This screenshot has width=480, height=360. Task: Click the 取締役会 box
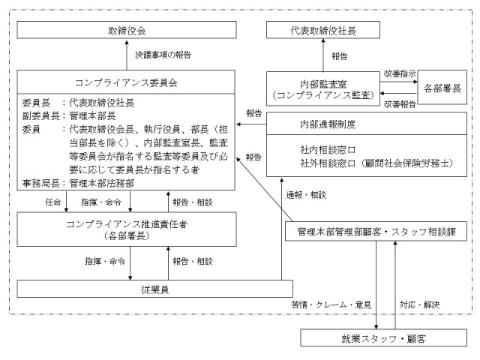coord(127,30)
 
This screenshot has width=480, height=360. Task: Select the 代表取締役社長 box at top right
coord(323,30)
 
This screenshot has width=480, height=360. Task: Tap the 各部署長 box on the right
coord(442,87)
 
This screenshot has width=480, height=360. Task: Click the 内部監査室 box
coord(323,89)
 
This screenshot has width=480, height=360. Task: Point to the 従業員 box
coord(155,289)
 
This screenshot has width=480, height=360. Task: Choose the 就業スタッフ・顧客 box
coord(383,338)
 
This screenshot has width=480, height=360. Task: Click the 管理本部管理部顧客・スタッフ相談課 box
coord(376,232)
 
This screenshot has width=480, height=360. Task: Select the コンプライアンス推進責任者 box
coord(127,229)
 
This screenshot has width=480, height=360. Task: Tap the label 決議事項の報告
coord(163,55)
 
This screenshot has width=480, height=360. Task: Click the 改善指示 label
coord(400,73)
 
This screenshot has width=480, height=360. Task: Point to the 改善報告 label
coord(400,104)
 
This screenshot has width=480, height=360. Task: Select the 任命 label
coord(53,202)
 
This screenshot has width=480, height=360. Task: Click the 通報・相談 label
coord(306,195)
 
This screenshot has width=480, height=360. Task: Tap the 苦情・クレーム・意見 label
coord(331,304)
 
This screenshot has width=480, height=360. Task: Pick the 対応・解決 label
coord(419,304)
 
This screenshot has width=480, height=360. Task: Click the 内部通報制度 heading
coord(328,124)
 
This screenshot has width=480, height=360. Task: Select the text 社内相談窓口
coord(328,150)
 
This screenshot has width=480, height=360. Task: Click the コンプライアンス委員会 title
coord(126,82)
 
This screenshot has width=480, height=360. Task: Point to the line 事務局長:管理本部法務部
coord(78,183)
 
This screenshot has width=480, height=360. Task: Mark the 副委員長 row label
coord(40,115)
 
